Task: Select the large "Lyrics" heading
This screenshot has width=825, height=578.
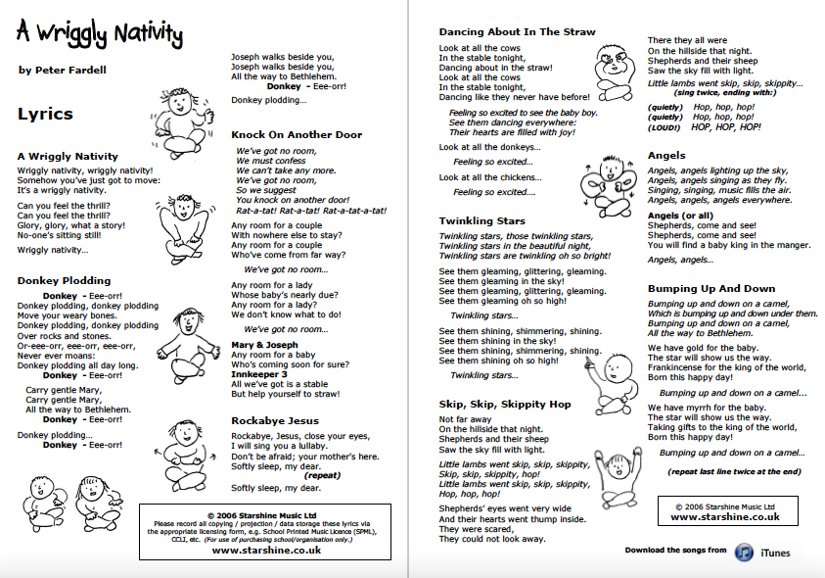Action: point(46,114)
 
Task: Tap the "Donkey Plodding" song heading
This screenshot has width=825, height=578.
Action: point(64,280)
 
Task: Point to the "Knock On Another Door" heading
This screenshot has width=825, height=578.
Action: point(297,134)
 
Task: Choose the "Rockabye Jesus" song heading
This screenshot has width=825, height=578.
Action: point(275,421)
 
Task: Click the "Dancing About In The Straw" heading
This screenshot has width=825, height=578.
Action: point(517,32)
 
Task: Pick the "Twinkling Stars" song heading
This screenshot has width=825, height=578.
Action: point(483,221)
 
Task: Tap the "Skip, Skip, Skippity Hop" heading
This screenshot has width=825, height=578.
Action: point(505,404)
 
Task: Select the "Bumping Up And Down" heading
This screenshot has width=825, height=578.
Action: point(711,289)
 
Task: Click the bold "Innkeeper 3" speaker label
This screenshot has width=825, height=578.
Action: point(259,373)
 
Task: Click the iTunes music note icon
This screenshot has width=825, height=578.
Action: point(744,552)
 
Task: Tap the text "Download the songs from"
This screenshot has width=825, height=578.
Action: point(676,551)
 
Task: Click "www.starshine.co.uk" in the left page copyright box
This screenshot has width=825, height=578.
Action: point(266,551)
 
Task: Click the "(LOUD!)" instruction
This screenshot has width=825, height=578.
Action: point(666,127)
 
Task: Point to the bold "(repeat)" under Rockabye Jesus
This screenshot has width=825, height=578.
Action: point(323,475)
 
